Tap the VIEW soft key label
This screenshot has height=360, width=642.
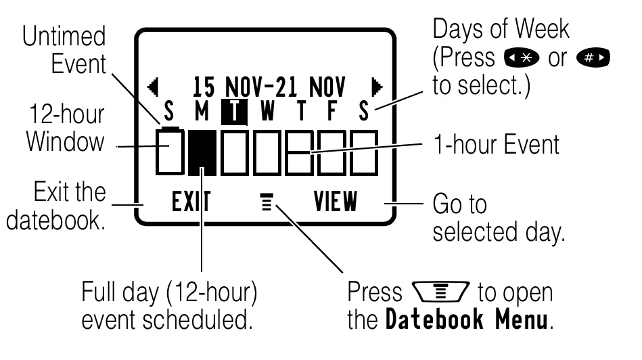pos(336,202)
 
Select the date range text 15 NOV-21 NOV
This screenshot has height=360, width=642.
pos(269,86)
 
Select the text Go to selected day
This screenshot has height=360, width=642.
pos(500,218)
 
